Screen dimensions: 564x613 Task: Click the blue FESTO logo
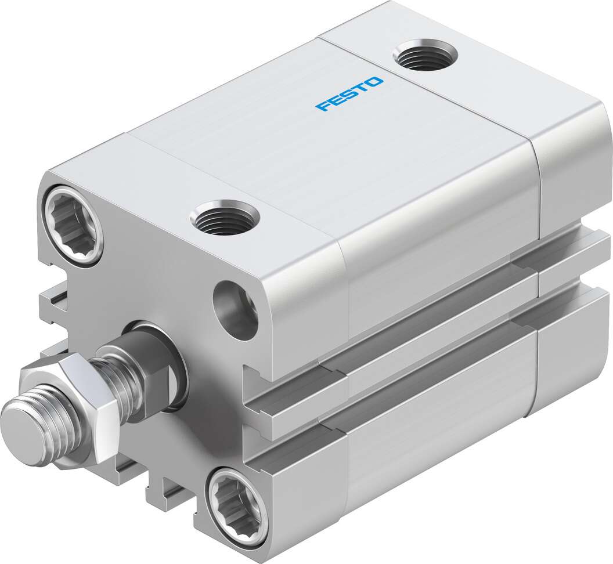pyautogui.click(x=349, y=93)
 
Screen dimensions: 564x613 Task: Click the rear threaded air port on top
pyautogui.click(x=424, y=56)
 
